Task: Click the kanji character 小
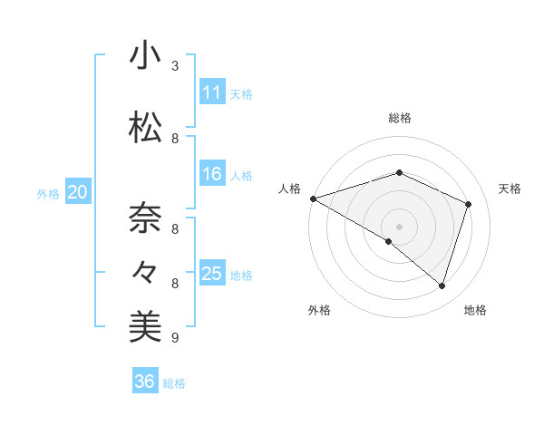(145, 56)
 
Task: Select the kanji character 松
(145, 129)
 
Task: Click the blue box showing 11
(211, 92)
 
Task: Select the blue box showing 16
(211, 174)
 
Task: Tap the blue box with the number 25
(211, 274)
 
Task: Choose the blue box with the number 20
(77, 192)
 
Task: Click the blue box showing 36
(144, 382)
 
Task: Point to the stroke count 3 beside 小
(174, 66)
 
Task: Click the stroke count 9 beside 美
(174, 338)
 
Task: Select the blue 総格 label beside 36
(174, 383)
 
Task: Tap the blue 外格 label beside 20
(48, 193)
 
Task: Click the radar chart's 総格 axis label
(399, 118)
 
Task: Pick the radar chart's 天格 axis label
(510, 189)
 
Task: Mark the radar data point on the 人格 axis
(313, 198)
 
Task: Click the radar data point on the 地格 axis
(442, 286)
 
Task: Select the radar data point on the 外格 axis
(389, 241)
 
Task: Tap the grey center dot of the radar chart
(399, 226)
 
